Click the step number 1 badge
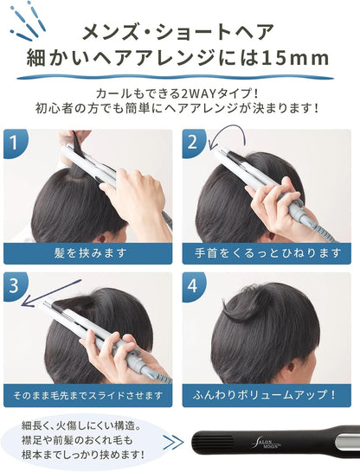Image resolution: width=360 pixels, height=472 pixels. pyautogui.click(x=15, y=143)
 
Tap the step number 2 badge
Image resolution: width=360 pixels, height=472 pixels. pyautogui.click(x=193, y=143)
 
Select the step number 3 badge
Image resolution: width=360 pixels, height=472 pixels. pyautogui.click(x=15, y=285)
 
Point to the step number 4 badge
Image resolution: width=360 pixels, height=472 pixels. pyautogui.click(x=193, y=285)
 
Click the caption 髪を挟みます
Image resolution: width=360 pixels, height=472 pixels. pyautogui.click(x=88, y=253)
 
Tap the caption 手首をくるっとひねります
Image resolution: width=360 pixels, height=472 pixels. pyautogui.click(x=267, y=253)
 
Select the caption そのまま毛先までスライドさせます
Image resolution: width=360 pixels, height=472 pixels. pyautogui.click(x=88, y=396)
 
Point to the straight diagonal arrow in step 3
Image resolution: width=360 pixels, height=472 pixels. pyautogui.click(x=51, y=293)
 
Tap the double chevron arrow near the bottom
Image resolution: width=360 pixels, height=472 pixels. pyautogui.click(x=173, y=442)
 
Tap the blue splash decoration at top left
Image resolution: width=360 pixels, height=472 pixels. pyautogui.click(x=26, y=21)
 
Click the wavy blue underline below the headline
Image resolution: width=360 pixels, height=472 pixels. pyautogui.click(x=175, y=77)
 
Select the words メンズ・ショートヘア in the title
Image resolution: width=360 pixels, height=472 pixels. pyautogui.click(x=178, y=32)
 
